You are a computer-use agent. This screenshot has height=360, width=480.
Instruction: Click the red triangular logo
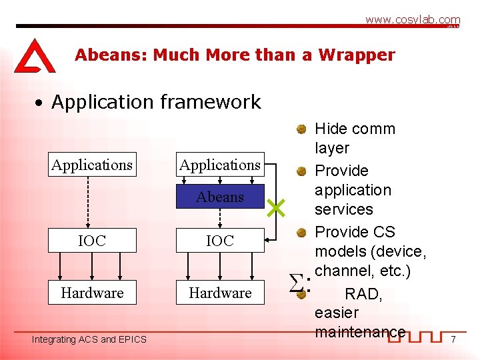click(x=34, y=56)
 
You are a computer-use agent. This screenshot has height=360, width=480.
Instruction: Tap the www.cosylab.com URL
click(x=412, y=20)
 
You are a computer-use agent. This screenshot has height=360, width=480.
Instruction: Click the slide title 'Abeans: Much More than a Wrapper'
click(x=235, y=55)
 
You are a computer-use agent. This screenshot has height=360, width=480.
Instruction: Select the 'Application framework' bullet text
click(x=156, y=102)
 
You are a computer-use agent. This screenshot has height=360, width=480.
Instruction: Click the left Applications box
click(x=92, y=165)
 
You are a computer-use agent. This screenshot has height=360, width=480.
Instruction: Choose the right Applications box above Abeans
click(x=220, y=165)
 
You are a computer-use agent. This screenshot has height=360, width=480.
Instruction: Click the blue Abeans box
click(x=220, y=197)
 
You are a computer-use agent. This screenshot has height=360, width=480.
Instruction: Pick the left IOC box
click(x=92, y=241)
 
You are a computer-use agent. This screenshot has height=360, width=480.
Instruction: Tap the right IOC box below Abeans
click(x=220, y=241)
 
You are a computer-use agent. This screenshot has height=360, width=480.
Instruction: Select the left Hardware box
click(x=92, y=293)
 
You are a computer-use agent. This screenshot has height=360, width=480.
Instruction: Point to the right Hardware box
click(x=220, y=293)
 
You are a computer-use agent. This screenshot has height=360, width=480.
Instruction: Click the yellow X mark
click(x=276, y=209)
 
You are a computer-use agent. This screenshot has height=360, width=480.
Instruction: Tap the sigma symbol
click(x=297, y=285)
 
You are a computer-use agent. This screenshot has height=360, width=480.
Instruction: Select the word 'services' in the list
click(x=343, y=209)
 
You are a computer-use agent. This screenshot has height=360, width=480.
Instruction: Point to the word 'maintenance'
click(x=359, y=331)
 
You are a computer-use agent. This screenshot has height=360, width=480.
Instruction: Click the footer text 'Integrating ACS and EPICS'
click(x=89, y=340)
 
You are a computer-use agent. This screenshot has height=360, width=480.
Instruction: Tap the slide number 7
click(x=453, y=340)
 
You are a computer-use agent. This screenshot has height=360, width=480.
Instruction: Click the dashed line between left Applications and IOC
click(x=92, y=203)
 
